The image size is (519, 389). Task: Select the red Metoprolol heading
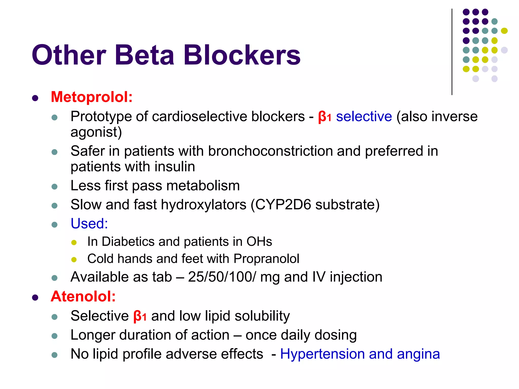coord(92,97)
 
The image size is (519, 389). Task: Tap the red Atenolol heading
coord(83,296)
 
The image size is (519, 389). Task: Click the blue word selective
coord(364,117)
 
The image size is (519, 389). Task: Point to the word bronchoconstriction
coord(270,151)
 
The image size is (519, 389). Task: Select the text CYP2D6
coord(283,205)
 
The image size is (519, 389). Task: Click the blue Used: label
coord(89,224)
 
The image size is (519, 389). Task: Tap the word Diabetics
coord(128,242)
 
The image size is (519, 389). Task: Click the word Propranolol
coord(266,259)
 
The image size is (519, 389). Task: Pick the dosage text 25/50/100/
coord(222,277)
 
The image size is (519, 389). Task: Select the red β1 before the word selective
coord(325,117)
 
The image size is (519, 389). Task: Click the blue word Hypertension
coord(322,354)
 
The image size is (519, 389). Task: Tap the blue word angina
coord(418,354)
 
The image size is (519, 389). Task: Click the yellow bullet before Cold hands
coord(74,260)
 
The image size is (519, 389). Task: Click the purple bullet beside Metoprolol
coord(35,98)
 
